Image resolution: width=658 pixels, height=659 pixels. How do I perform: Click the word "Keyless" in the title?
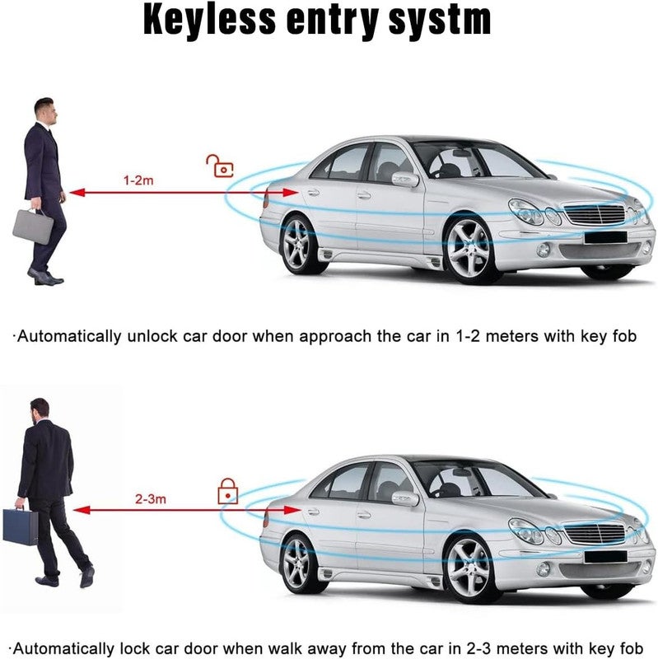click(x=209, y=20)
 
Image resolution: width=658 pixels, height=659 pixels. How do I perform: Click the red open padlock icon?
click(x=219, y=166)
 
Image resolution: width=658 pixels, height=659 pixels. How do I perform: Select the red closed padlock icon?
click(x=228, y=491)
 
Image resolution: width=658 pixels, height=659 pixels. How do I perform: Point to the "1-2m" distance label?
click(x=138, y=180)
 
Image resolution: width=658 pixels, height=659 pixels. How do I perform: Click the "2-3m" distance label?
click(x=151, y=499)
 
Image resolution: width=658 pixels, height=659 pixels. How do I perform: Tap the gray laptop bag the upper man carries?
click(x=33, y=226)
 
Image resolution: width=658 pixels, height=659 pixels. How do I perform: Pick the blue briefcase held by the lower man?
click(x=20, y=526)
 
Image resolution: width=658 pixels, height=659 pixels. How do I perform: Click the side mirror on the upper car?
click(x=405, y=180)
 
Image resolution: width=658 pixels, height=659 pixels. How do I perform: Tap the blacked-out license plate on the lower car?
click(x=605, y=557)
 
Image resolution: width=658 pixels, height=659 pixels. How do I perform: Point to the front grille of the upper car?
click(x=594, y=213)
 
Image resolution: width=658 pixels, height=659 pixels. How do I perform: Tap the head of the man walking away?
click(x=40, y=409)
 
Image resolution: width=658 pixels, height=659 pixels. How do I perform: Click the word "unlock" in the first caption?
click(x=152, y=336)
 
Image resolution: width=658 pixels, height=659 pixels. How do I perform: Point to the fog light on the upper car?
click(x=544, y=250)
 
